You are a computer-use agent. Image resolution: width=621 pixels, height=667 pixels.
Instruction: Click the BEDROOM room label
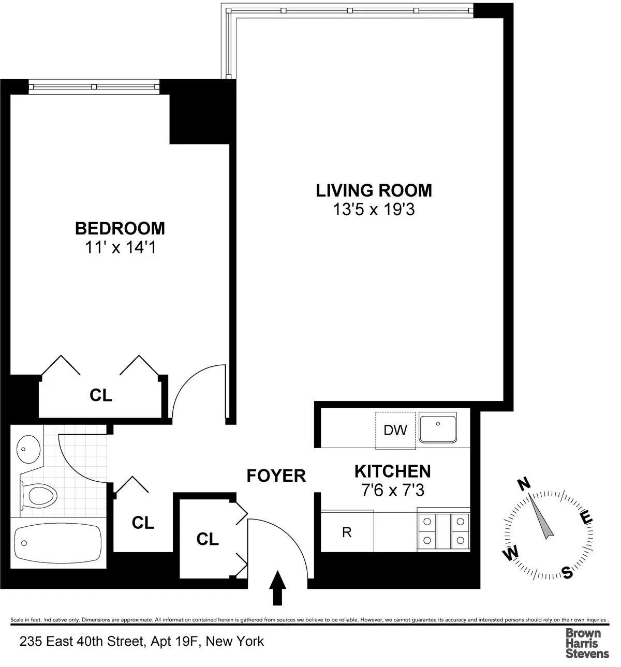[120, 228]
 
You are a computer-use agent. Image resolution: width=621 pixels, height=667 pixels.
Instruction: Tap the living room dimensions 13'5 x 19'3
[374, 210]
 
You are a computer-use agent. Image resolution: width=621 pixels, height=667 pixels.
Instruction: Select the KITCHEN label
[392, 471]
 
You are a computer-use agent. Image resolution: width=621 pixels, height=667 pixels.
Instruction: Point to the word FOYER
[276, 476]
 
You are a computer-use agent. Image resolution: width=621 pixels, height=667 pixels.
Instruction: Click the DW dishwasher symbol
[395, 430]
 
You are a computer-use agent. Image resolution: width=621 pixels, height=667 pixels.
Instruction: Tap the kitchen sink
[438, 428]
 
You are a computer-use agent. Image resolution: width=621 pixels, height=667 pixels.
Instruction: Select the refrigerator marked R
[347, 532]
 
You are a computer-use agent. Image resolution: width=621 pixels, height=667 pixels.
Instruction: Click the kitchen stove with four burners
[443, 531]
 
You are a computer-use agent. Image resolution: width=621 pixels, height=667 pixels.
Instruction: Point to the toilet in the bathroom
[39, 495]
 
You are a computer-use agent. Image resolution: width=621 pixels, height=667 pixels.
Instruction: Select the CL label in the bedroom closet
[101, 395]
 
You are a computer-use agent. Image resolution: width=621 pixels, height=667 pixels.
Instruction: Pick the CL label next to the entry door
[208, 539]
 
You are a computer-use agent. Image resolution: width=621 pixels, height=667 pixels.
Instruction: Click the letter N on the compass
[524, 484]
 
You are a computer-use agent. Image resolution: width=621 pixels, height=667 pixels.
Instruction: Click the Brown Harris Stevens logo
[587, 643]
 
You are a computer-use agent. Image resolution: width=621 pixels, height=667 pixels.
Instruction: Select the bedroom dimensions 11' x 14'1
[120, 248]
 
